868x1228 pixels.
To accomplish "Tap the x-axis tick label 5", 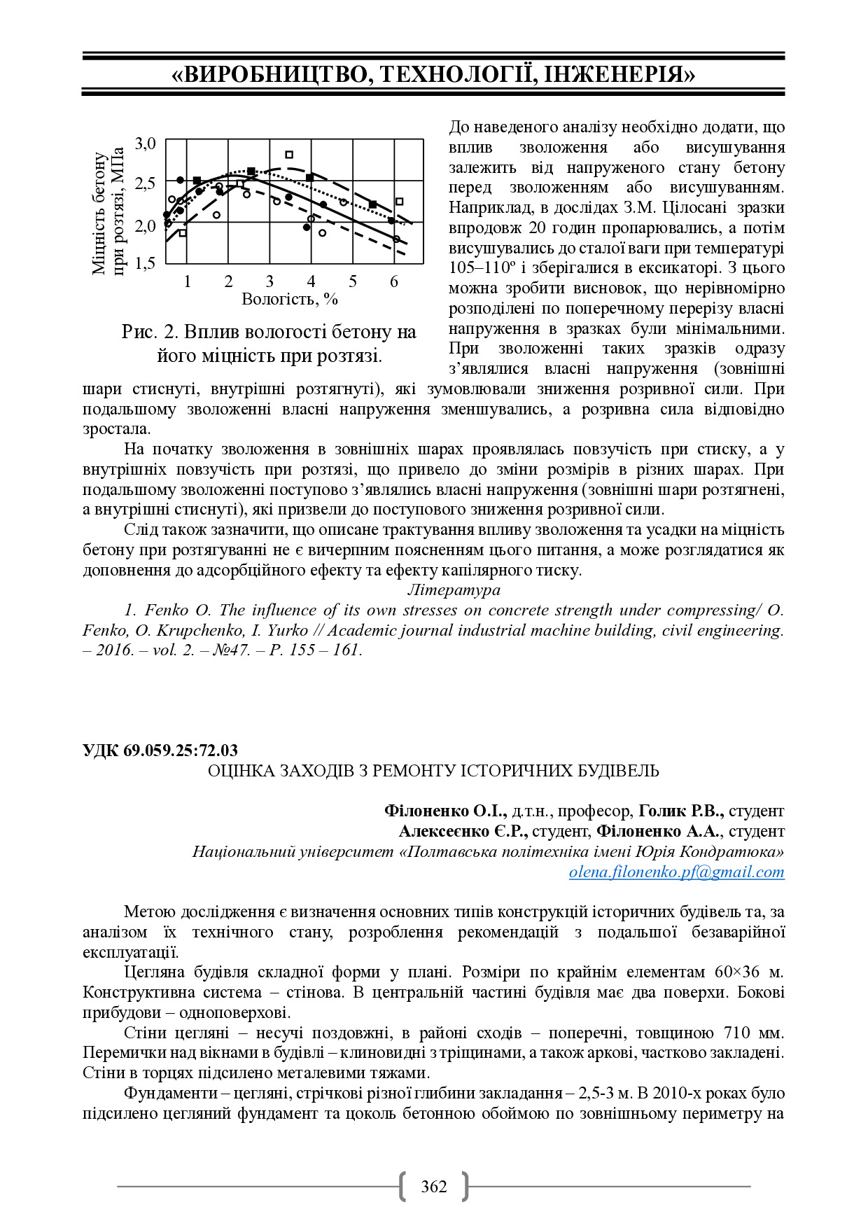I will [353, 281].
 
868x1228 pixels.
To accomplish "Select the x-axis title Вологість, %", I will [290, 300].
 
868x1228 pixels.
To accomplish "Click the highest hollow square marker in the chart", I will [289, 155].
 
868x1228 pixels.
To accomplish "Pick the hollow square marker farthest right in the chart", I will [399, 202].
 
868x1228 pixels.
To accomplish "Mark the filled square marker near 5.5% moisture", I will [372, 204].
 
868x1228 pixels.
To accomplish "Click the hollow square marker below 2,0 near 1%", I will [183, 233].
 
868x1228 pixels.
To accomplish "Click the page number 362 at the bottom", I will [433, 1186].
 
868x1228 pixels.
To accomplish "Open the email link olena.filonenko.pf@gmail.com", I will [676, 872].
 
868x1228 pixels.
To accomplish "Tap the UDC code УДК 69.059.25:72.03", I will [160, 751].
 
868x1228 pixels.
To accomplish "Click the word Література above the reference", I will [454, 590].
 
